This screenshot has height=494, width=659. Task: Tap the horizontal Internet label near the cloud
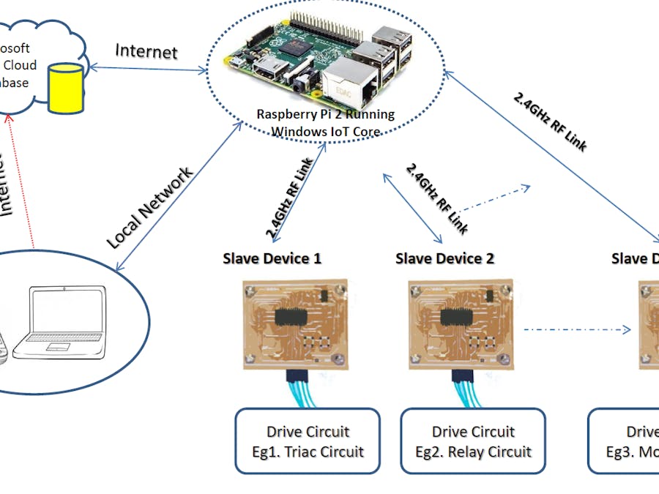tap(146, 51)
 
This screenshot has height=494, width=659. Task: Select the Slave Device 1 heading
tap(272, 258)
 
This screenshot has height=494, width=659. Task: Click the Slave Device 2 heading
tap(444, 258)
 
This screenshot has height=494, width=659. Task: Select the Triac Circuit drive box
tap(308, 441)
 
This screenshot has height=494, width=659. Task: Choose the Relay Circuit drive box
tap(473, 441)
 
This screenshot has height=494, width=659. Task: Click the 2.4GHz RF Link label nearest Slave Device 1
tap(290, 198)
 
